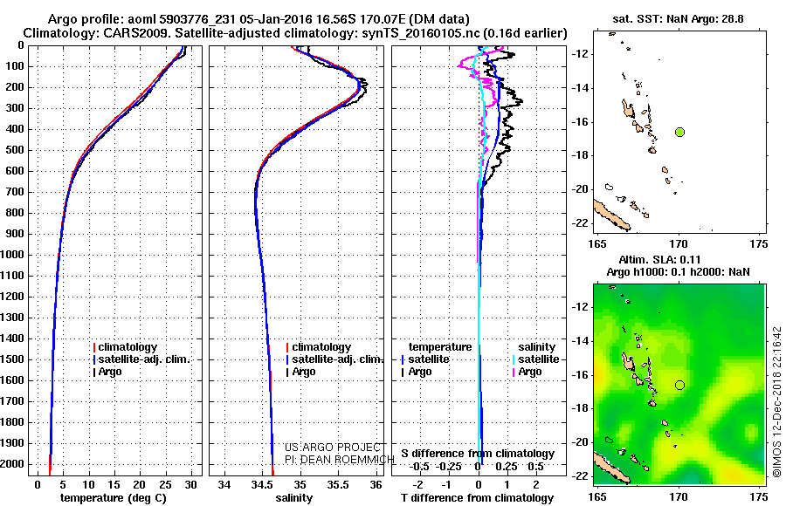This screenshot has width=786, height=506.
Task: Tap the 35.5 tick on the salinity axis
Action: point(338,483)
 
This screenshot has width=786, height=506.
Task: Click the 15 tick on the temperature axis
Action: point(114,483)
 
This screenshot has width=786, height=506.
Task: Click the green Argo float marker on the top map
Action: point(679,132)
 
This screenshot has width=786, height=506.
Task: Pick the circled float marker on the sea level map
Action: point(679,384)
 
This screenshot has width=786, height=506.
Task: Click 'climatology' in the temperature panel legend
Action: point(128,347)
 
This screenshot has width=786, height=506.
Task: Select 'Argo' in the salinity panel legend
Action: point(304,372)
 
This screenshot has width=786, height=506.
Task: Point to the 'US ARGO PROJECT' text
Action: point(323,447)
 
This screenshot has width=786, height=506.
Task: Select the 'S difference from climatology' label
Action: point(478,454)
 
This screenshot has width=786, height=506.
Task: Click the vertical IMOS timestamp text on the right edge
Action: point(776,402)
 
